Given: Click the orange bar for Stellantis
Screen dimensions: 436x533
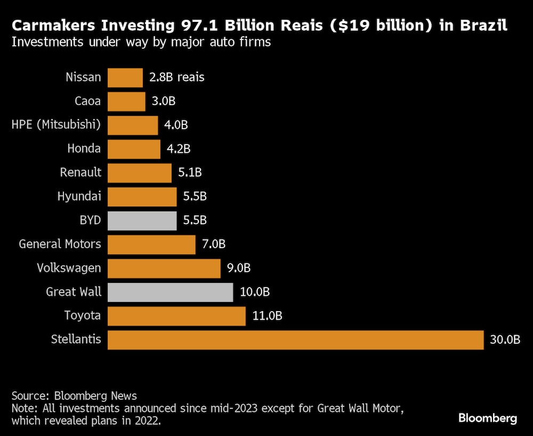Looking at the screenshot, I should click(295, 340).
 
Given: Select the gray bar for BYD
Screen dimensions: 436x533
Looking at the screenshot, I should click(142, 220).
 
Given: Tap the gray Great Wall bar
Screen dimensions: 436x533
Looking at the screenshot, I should click(170, 292).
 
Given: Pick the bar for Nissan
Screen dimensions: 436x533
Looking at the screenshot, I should click(125, 77).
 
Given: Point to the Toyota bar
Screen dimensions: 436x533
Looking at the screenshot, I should click(176, 316).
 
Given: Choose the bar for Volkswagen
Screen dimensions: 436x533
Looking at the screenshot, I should click(164, 268).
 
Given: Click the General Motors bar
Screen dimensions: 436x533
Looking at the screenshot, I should click(151, 244).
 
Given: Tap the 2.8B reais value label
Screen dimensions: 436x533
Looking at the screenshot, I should click(177, 77).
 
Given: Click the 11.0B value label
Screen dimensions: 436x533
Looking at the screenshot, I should click(266, 316).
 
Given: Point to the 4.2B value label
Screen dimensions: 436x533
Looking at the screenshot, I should click(179, 149).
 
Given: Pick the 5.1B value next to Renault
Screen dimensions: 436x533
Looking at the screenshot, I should click(190, 173).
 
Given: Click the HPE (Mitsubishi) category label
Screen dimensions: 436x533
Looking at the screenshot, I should click(56, 125).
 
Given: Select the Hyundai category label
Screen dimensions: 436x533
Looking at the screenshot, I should click(79, 196).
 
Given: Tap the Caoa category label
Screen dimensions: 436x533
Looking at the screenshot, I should click(88, 101).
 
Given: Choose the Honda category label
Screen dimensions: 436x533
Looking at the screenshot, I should click(84, 149).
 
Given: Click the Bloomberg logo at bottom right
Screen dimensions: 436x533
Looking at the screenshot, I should click(487, 418).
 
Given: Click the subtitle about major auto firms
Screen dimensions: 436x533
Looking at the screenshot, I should click(141, 42).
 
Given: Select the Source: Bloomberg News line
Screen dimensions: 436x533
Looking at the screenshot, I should click(74, 396).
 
